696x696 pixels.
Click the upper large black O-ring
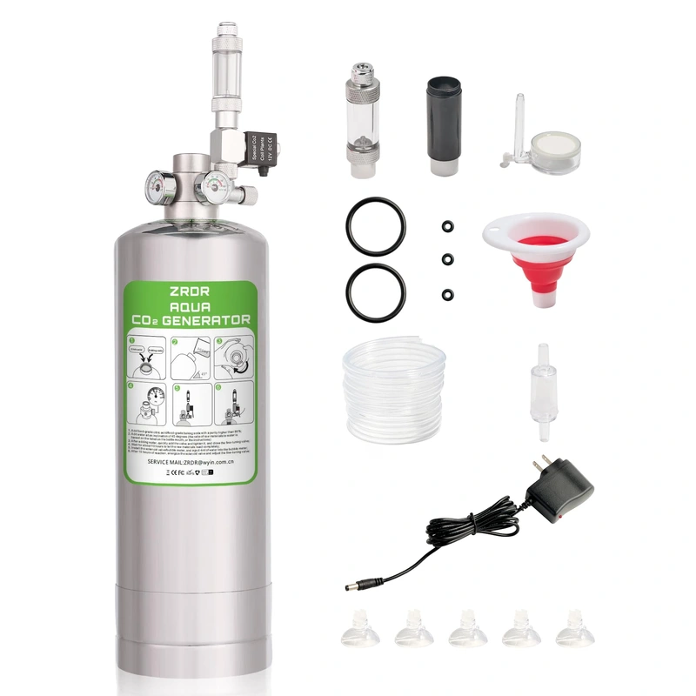[375, 224]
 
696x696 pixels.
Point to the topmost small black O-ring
[445, 226]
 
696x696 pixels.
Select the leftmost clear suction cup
[359, 628]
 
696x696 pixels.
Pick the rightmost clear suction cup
[574, 628]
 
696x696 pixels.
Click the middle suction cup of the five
[467, 628]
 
